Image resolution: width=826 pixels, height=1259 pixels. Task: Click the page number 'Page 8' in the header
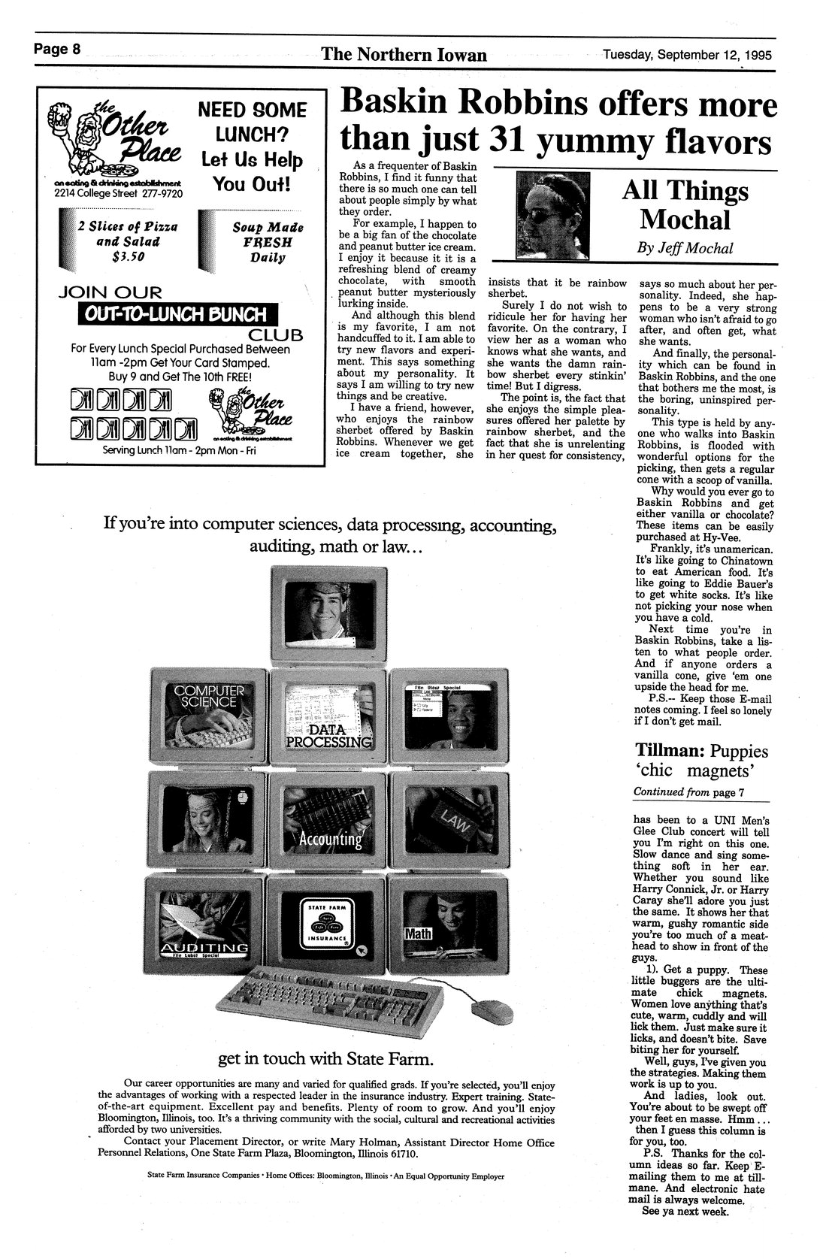coord(56,50)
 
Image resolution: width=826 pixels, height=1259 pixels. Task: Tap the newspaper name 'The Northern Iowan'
coord(404,55)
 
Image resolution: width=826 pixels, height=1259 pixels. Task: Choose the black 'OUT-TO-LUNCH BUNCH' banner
coord(177,314)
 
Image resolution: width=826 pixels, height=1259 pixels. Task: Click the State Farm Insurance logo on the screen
coord(327,927)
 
